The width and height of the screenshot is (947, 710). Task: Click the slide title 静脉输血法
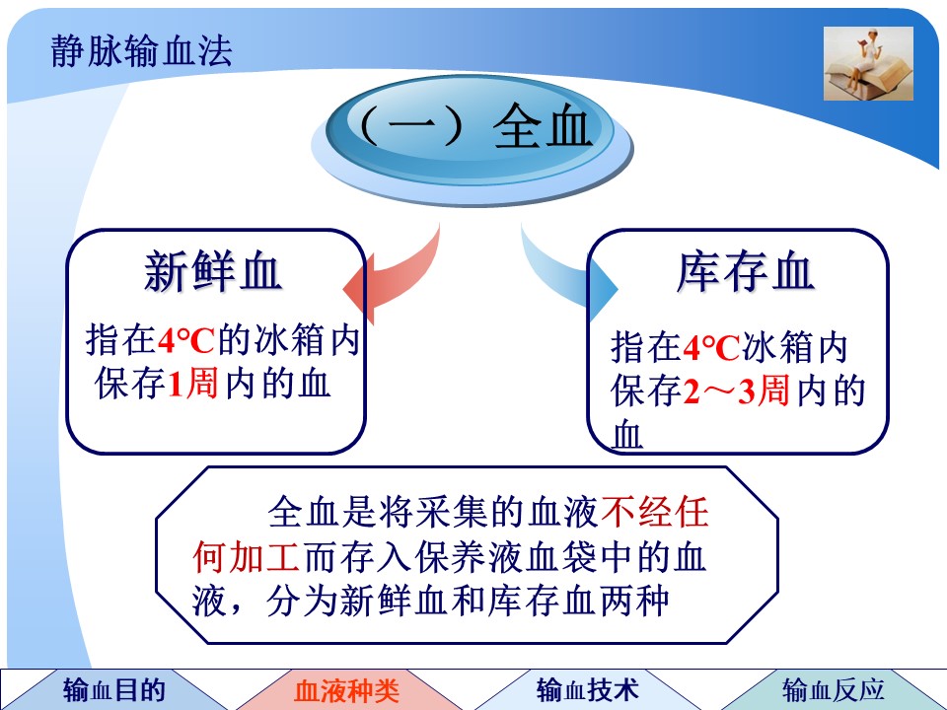point(141,50)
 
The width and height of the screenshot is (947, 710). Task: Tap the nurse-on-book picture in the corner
point(868,63)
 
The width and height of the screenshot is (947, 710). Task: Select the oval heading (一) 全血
point(473,139)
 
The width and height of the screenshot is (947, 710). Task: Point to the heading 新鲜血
point(213,272)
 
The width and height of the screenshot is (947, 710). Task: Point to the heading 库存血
point(746,272)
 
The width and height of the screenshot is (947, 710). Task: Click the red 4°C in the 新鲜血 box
point(186,340)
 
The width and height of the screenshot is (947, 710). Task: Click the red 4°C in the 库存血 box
point(711,347)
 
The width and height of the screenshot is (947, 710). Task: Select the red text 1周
point(192,384)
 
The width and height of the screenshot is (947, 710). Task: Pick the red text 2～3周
point(736,391)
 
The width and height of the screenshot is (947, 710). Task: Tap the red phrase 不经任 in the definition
point(655,512)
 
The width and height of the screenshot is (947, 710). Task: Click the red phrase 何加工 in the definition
point(247,556)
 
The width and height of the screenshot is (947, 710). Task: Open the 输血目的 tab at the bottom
point(114,689)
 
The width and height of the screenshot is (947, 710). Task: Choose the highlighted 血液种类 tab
point(347,689)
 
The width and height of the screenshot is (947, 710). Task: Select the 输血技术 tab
point(588,689)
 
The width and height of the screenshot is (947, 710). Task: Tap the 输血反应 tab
point(834,689)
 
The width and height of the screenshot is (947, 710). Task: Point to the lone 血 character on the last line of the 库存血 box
point(627,435)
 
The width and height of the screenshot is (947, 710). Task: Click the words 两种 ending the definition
point(633,601)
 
